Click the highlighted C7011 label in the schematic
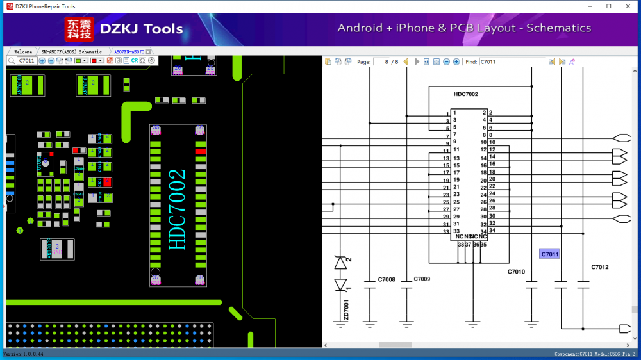tap(549, 254)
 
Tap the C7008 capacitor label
tap(387, 279)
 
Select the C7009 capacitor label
tap(422, 279)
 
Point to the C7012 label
tap(600, 267)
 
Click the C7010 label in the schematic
tap(516, 272)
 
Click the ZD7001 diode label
tap(347, 311)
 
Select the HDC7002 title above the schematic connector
tap(465, 94)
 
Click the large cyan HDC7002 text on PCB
tap(178, 209)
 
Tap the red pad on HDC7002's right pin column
tap(201, 151)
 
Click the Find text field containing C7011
tap(512, 62)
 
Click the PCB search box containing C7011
tap(27, 61)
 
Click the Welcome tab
tap(23, 51)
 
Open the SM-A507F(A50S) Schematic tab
tap(72, 51)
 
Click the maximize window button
tap(608, 6)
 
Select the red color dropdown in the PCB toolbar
tap(97, 61)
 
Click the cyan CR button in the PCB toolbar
tap(135, 61)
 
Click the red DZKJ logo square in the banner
tap(79, 29)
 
